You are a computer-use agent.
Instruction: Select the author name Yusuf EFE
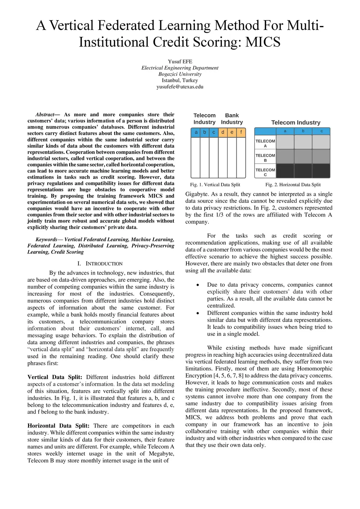180,62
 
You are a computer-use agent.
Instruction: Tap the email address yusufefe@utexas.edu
180,87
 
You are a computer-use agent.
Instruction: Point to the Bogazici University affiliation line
180,74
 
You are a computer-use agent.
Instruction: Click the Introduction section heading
100,264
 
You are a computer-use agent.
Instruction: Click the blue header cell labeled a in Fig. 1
196,133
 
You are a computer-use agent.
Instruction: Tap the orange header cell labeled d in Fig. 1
223,133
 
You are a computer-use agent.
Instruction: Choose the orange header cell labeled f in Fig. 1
241,133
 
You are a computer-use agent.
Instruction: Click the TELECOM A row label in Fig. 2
265,143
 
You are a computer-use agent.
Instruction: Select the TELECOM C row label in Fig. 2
265,172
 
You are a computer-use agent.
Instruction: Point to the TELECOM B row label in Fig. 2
265,158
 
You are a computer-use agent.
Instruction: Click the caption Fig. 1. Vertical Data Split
215,185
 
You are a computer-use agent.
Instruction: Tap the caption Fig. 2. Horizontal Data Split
293,185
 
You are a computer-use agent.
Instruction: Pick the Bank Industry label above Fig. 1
232,119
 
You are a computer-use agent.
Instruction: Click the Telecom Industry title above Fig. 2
296,123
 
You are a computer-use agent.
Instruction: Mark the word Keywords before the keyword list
46,240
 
